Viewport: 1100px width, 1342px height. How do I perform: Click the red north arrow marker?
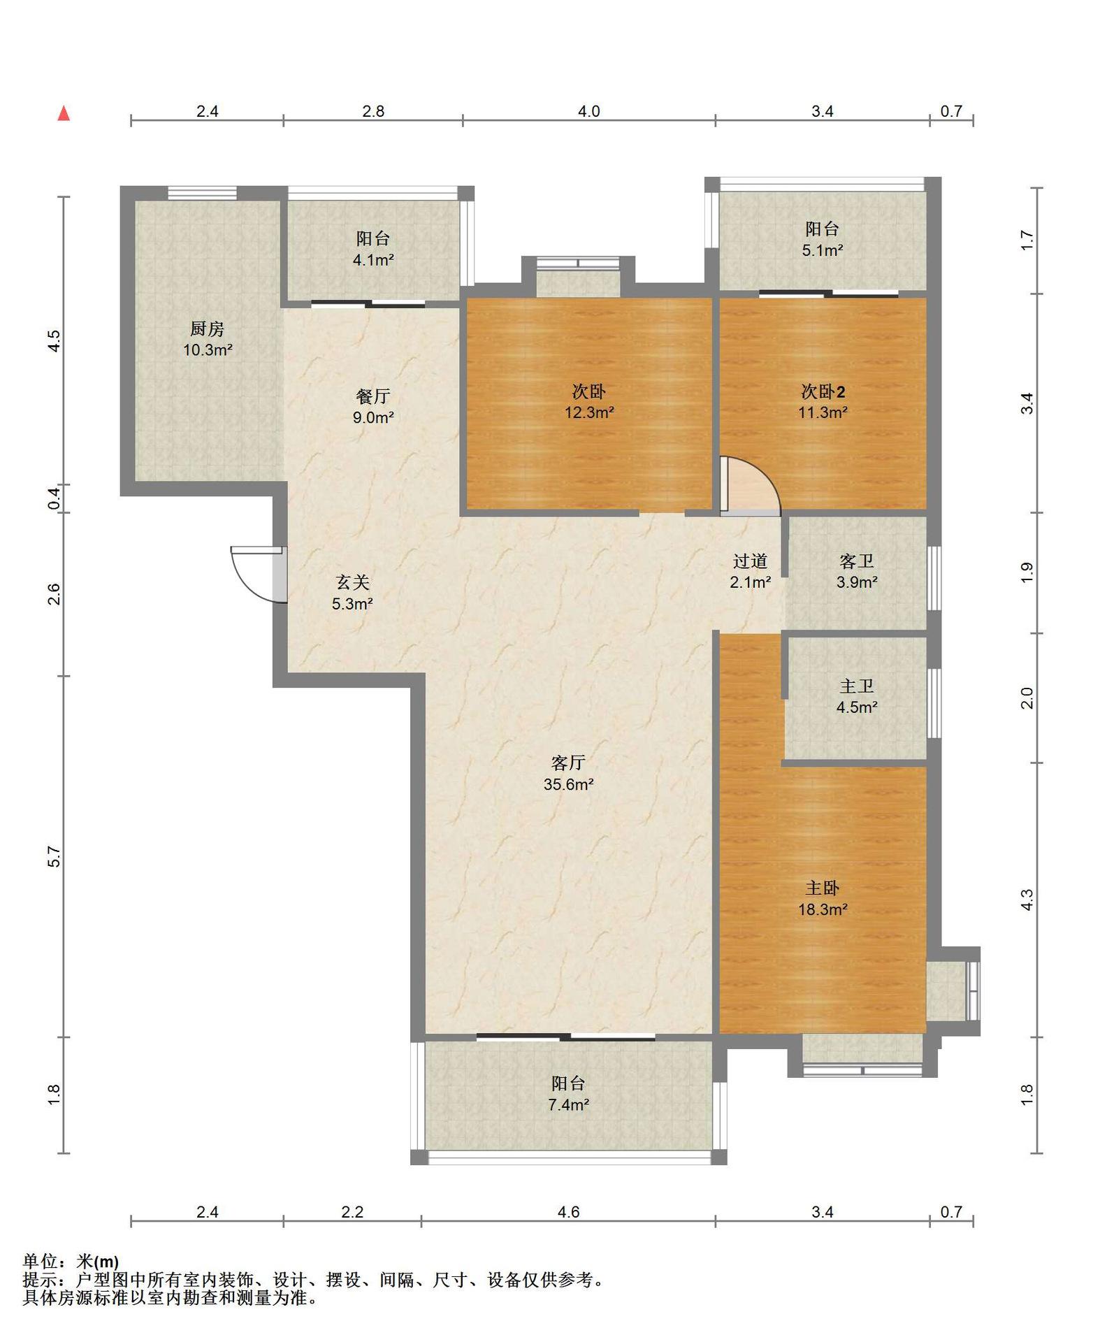[64, 113]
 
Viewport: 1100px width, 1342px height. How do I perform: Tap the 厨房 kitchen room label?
[207, 329]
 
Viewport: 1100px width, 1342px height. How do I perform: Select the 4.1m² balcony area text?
[373, 260]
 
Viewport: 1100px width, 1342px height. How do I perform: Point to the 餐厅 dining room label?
[373, 396]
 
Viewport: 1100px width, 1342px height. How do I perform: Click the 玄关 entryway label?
[352, 582]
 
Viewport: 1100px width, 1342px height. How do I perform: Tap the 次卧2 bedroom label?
[823, 391]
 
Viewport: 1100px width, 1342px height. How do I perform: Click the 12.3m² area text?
[589, 412]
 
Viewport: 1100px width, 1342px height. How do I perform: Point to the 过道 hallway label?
[751, 561]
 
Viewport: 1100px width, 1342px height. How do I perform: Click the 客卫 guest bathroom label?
[857, 561]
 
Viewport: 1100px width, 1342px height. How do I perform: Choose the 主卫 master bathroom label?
[857, 686]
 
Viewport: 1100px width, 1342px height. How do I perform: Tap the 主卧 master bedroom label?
[823, 888]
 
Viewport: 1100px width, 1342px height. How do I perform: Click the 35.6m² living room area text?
[568, 784]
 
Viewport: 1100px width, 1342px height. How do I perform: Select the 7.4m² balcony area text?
[568, 1105]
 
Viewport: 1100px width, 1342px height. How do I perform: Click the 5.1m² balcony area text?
[823, 250]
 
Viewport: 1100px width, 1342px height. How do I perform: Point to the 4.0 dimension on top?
[588, 111]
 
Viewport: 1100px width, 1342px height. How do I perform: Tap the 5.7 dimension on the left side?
[55, 856]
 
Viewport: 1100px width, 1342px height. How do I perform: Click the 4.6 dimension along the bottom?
[568, 1212]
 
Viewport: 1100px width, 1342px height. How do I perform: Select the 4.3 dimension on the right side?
[1027, 900]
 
